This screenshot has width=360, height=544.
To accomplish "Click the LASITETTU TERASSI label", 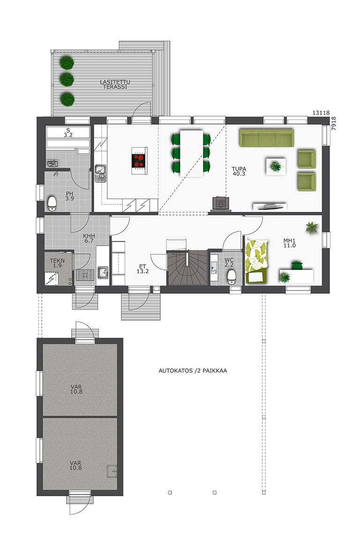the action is pyautogui.click(x=115, y=84).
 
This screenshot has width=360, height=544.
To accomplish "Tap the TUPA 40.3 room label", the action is pyautogui.click(x=239, y=171).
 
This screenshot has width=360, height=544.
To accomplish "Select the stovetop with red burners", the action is pyautogui.click(x=139, y=161).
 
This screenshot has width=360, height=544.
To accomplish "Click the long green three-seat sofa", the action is pyautogui.click(x=267, y=138).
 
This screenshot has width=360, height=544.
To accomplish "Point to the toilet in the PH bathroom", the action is pyautogui.click(x=52, y=204).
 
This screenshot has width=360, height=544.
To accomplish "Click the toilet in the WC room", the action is pyautogui.click(x=232, y=277).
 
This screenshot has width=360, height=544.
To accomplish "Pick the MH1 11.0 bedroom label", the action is pyautogui.click(x=290, y=243).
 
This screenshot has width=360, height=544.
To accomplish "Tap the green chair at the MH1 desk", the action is pyautogui.click(x=297, y=265).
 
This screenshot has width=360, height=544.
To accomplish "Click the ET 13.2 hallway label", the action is pyautogui.click(x=142, y=269).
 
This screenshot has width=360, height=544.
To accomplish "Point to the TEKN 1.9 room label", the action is pyautogui.click(x=57, y=263).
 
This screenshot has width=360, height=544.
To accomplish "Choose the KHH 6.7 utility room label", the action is pyautogui.click(x=89, y=238).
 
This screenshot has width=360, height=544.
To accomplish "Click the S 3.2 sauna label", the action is pyautogui.click(x=68, y=133).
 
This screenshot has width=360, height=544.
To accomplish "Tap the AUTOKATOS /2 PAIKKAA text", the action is pyautogui.click(x=193, y=371).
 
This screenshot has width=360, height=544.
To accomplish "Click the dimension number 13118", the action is pyautogui.click(x=321, y=113).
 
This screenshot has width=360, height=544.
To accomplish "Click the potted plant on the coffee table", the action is pyautogui.click(x=276, y=166).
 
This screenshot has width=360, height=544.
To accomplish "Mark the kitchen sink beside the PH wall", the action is pyautogui.click(x=100, y=173).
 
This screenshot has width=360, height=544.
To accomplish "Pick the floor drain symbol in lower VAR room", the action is pyautogui.click(x=112, y=471).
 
